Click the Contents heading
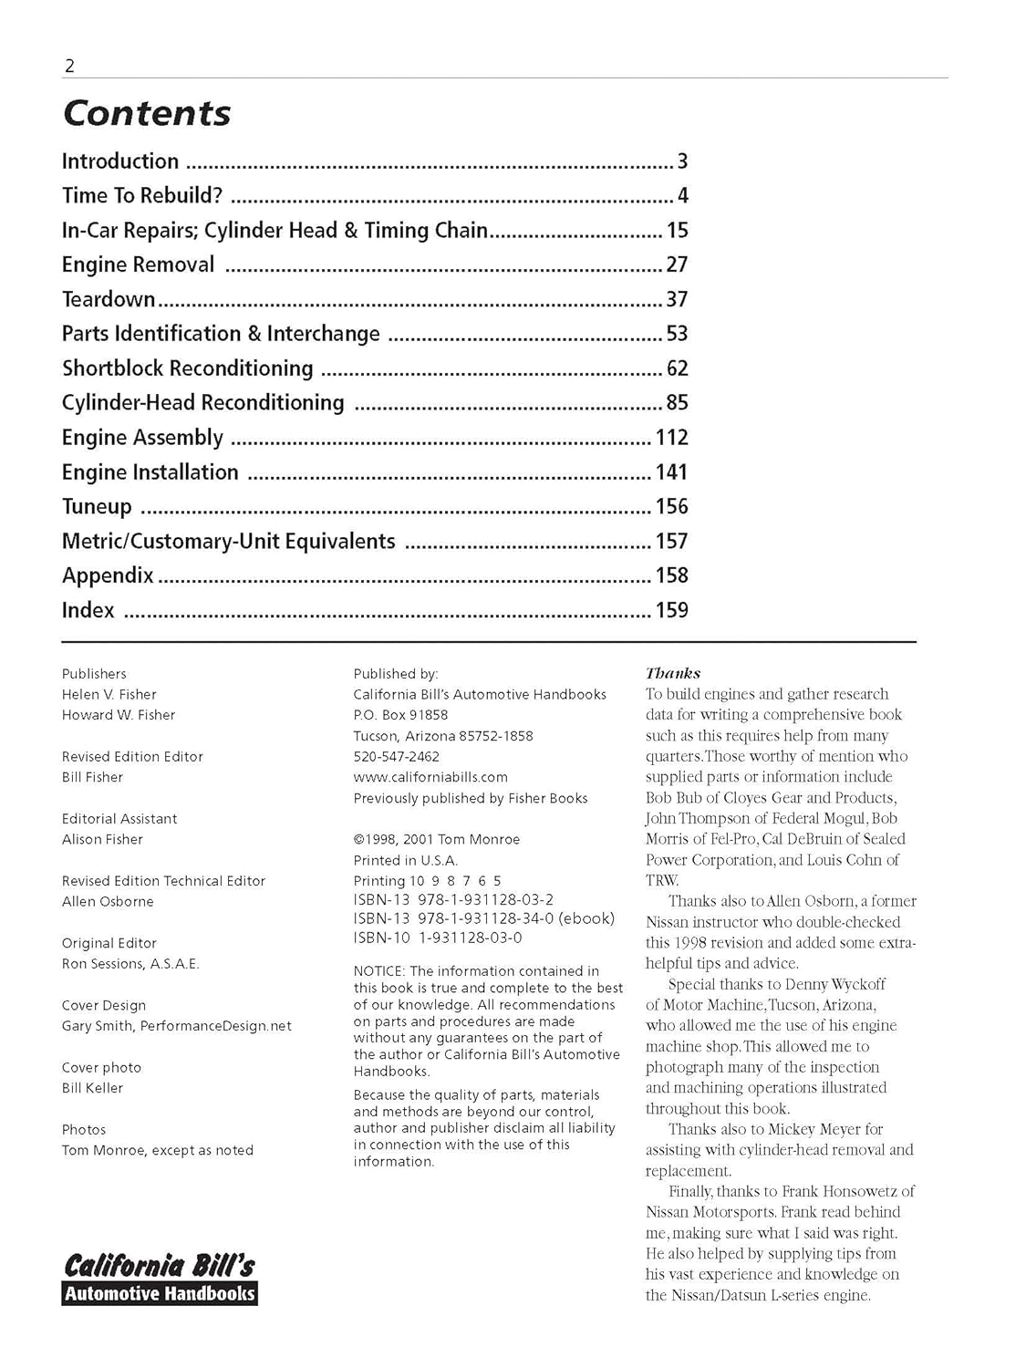[146, 113]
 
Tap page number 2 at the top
[69, 66]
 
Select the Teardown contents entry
[109, 299]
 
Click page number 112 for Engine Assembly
[671, 438]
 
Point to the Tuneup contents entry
[97, 507]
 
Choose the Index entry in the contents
[88, 610]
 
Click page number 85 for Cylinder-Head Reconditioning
[677, 403]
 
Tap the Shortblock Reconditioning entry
[187, 368]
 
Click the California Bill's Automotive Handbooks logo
[160, 1279]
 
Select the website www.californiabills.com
[430, 777]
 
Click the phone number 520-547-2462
[396, 757]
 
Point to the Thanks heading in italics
[673, 673]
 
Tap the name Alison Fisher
[102, 839]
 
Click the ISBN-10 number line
[438, 938]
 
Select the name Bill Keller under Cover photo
[92, 1088]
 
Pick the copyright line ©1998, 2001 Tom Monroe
[437, 839]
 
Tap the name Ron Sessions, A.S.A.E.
[130, 964]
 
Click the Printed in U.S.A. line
[406, 860]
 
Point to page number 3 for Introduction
[682, 161]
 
